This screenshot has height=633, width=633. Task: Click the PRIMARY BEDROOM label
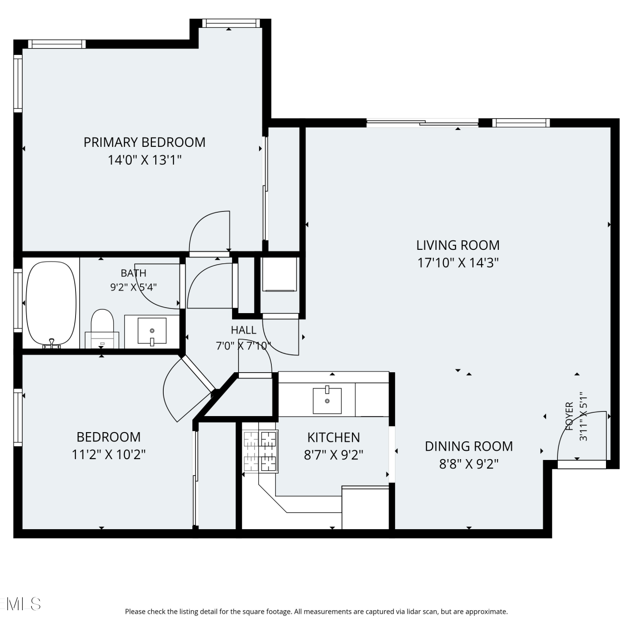pos(144,142)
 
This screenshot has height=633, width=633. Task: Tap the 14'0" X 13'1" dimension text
pos(145,160)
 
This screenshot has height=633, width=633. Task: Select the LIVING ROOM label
pos(458,245)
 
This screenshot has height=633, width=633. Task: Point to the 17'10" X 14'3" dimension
pos(458,263)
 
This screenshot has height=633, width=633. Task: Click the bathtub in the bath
pos(51,304)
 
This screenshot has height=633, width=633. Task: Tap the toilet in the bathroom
pos(102,328)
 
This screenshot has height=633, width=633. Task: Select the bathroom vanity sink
pos(152,331)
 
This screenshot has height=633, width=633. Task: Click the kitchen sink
pos(327,400)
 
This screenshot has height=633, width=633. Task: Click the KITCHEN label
pos(333,438)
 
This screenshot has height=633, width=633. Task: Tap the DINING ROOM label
pos(469,446)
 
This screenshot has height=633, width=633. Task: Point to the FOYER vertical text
pos(569,417)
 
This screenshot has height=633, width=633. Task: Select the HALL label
pos(243,330)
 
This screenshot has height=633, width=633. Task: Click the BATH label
pos(133,273)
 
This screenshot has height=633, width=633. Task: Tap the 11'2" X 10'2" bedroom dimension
pos(109,454)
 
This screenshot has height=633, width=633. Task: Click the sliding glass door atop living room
pos(422,123)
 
